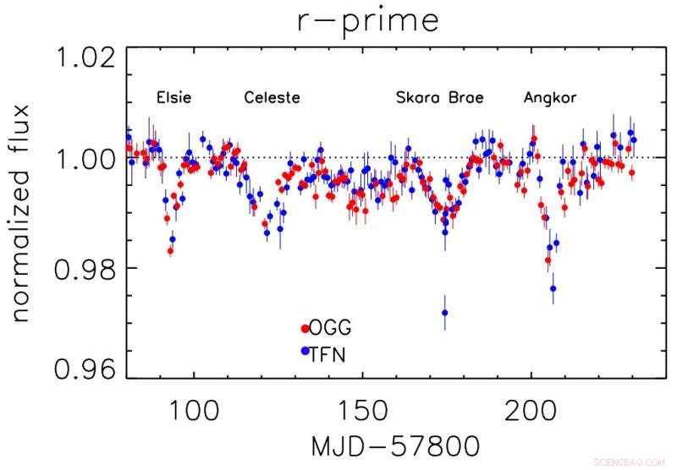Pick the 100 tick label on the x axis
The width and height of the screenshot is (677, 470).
(193, 404)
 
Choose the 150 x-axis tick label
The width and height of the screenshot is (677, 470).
(361, 404)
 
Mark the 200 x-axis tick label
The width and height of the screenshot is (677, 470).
(531, 404)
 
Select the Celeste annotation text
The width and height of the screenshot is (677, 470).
(272, 98)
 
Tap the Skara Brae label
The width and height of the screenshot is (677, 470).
(440, 98)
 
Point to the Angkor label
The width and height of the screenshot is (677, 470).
(550, 98)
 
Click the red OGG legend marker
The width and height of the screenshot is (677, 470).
(305, 328)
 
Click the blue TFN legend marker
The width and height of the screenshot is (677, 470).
(305, 350)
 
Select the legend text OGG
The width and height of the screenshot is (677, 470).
(331, 328)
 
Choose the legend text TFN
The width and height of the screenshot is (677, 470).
(328, 351)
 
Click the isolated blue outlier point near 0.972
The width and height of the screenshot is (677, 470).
(445, 313)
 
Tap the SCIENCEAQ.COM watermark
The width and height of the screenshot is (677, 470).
(630, 461)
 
